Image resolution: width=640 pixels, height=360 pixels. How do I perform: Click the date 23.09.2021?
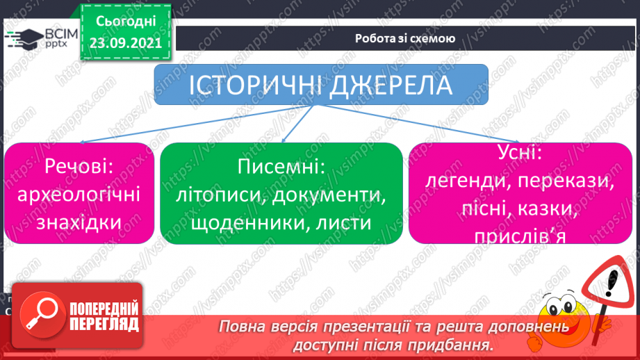[126, 43]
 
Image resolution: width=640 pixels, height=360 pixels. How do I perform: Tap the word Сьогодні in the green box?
[126, 22]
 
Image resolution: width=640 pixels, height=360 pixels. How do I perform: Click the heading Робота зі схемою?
[405, 38]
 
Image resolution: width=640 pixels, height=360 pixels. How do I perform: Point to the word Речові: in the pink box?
[79, 166]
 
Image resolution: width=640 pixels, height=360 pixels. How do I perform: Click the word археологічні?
[79, 195]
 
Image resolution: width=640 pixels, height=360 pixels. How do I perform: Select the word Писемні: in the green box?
[281, 167]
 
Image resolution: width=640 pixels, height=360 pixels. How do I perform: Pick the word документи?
[329, 195]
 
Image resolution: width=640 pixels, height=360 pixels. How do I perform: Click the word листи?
[344, 223]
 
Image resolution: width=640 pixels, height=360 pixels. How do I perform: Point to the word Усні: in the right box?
[520, 152]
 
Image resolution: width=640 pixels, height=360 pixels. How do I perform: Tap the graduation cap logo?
[24, 39]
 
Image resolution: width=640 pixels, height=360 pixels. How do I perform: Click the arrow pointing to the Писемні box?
[298, 123]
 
